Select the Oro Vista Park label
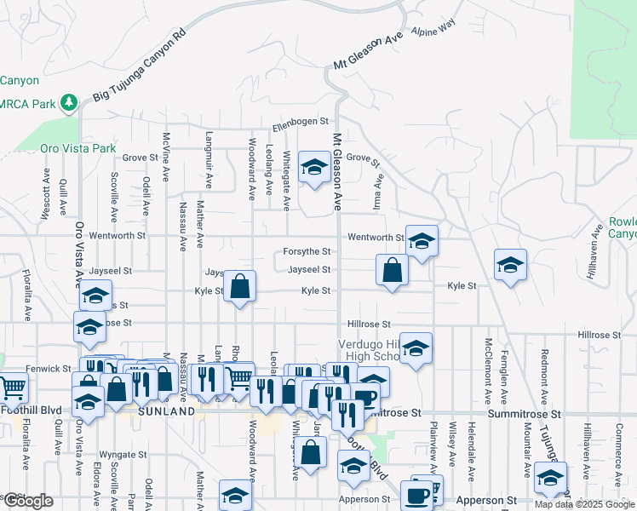[x=77, y=148]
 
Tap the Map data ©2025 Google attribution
[x=583, y=504]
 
